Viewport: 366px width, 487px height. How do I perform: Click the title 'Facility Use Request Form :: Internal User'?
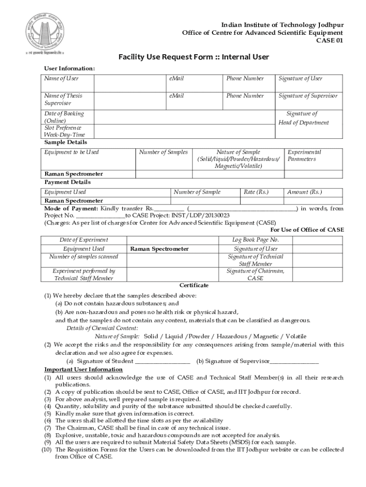click(194, 58)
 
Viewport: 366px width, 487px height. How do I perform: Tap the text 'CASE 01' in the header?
click(330, 40)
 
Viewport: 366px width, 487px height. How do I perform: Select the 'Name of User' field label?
click(62, 78)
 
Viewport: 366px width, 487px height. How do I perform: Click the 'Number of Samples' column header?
click(164, 152)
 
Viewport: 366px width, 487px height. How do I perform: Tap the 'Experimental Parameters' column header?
click(305, 156)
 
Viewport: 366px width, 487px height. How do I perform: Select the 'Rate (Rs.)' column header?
click(256, 192)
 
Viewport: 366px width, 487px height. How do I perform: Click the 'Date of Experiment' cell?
click(84, 240)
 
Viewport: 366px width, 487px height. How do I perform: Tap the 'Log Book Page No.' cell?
click(255, 240)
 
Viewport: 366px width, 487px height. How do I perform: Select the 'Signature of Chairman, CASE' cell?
click(255, 274)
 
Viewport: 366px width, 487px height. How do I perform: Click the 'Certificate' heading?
click(194, 285)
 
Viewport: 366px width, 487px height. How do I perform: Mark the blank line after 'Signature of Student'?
click(163, 361)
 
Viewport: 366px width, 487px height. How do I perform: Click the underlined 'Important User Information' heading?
click(84, 370)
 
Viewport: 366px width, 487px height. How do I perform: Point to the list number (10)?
click(47, 449)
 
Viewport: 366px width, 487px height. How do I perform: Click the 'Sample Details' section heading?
click(66, 142)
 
